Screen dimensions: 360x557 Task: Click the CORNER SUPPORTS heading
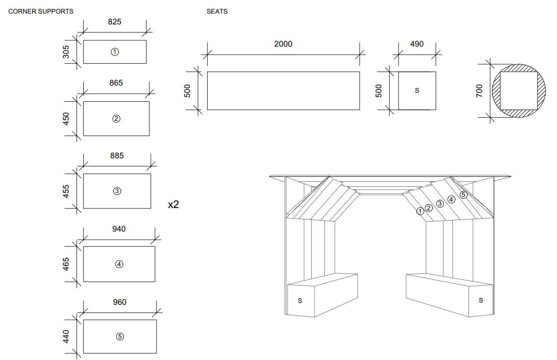pos(41,11)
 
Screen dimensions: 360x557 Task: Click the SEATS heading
pos(217,11)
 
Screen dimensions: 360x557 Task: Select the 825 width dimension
pos(114,22)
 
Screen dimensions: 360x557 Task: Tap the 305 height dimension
pos(67,52)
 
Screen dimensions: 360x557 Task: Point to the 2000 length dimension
pos(283,44)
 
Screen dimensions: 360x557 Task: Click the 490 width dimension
pos(417,44)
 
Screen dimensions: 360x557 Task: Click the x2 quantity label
pos(173,204)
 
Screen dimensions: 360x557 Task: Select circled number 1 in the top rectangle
pos(115,52)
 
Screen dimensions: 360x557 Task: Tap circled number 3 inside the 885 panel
pos(117,191)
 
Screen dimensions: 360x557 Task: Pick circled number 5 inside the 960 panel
pos(120,336)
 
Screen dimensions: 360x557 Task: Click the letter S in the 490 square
pos(417,90)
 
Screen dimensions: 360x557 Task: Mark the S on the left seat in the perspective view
pos(300,300)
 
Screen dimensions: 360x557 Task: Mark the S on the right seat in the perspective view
pos(481,300)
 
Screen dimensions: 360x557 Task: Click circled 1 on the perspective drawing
pos(420,211)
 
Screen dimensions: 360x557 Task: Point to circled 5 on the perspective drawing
pos(463,194)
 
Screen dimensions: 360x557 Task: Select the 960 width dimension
pos(119,302)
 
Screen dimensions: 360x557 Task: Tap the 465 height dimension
pos(67,264)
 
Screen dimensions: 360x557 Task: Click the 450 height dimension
pos(67,118)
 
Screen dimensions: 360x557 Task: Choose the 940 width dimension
pos(119,229)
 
